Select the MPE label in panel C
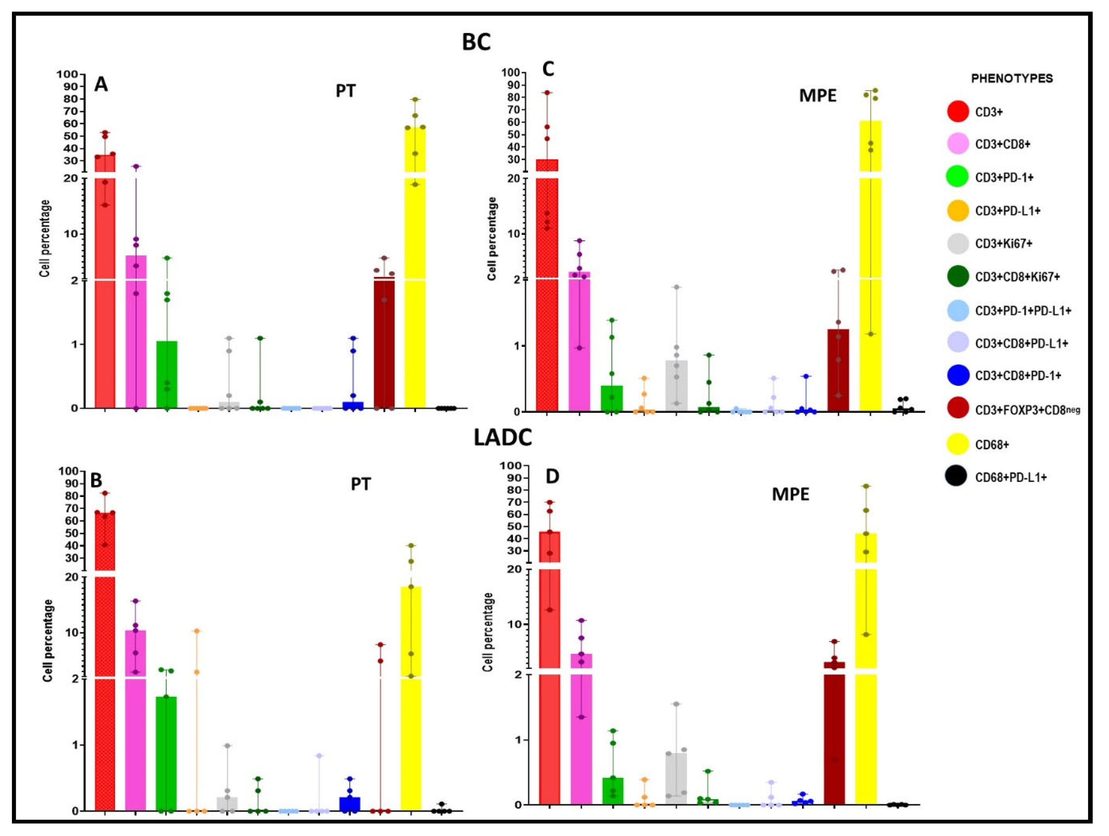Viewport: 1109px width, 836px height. click(x=818, y=95)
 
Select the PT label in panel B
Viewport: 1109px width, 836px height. click(x=361, y=484)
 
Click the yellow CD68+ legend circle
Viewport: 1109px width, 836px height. click(x=958, y=444)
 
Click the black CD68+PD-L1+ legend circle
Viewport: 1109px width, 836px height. click(x=958, y=477)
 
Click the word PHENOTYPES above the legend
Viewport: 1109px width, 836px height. click(x=1012, y=79)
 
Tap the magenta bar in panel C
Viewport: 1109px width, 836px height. click(x=579, y=341)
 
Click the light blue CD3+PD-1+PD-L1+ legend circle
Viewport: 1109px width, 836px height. click(x=958, y=311)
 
